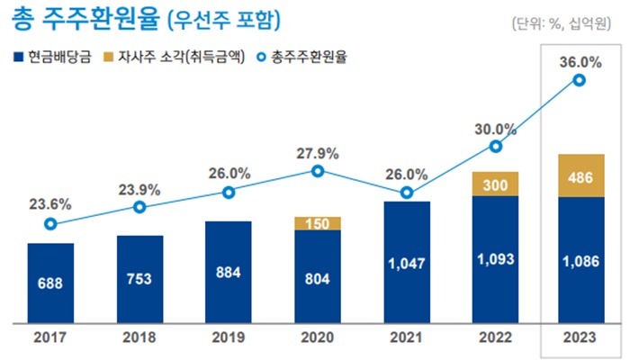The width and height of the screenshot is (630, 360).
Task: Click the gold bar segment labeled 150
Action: [x=318, y=223]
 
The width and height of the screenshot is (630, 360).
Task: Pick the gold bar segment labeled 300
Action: [x=494, y=184]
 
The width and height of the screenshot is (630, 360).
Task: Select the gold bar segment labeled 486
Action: [x=580, y=175]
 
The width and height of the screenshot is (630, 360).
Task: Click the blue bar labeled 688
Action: [x=50, y=283]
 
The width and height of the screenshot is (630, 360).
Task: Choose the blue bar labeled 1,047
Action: [x=407, y=262]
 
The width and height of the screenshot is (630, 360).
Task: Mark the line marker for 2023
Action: [x=580, y=81]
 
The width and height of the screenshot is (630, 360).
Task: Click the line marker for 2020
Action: [x=318, y=170]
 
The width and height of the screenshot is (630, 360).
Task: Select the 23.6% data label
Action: [x=50, y=203]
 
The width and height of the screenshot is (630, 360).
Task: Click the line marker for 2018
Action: [x=139, y=207]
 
